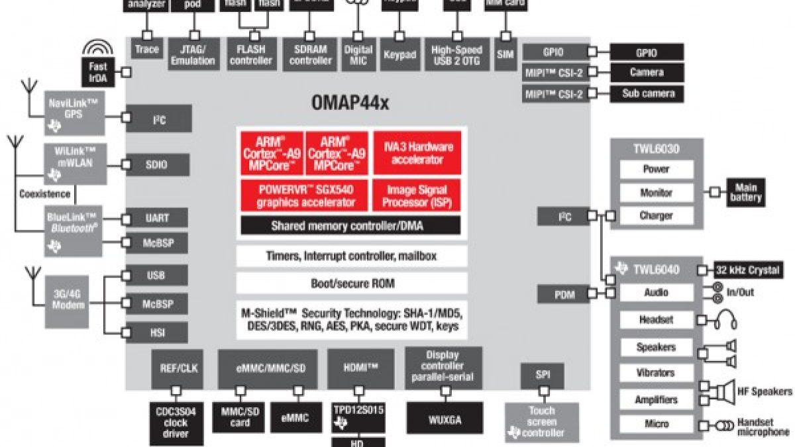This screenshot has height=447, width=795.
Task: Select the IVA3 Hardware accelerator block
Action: (417, 153)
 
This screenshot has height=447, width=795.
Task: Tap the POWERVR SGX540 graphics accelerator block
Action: (302, 196)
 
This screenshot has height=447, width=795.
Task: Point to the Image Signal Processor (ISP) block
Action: (417, 196)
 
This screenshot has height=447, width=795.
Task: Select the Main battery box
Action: (746, 193)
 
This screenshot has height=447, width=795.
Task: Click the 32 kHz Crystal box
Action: (747, 270)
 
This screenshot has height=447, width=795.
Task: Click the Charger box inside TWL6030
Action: (656, 216)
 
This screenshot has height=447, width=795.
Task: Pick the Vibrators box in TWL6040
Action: (655, 373)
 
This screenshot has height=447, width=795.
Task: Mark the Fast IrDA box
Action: (97, 71)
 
